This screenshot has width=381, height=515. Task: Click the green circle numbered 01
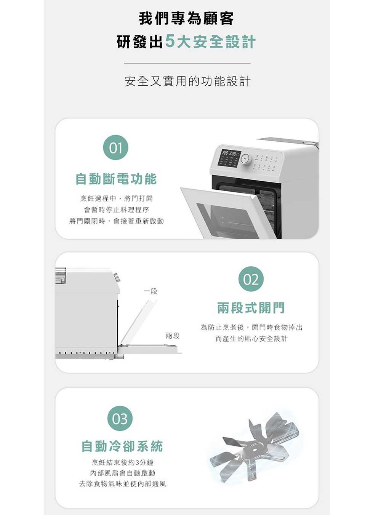point(115,147)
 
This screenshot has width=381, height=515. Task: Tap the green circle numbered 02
point(251,279)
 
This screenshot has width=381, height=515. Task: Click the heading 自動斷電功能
point(116,179)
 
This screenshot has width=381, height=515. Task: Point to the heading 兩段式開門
point(251,308)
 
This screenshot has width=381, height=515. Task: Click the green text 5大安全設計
point(210,42)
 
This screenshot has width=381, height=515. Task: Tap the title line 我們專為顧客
point(186,19)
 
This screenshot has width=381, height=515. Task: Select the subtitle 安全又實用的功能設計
point(187,81)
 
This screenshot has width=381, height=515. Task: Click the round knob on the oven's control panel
point(246,159)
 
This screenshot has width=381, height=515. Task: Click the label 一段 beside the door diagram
point(150,291)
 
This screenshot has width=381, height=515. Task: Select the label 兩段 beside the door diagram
point(173,336)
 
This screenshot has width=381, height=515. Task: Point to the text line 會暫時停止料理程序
point(116,210)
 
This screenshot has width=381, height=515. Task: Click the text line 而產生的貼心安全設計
point(251,339)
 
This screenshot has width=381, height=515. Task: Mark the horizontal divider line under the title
point(187,63)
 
